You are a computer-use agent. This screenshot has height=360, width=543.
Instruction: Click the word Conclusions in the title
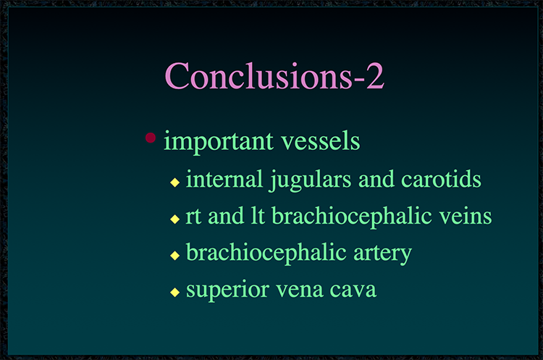(x=258, y=75)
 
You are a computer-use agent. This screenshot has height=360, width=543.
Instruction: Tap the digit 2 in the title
(x=375, y=76)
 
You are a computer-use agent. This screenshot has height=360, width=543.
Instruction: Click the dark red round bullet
(x=151, y=138)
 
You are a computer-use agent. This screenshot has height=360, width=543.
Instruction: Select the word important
(x=219, y=142)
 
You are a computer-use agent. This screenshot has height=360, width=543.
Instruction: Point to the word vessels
(x=321, y=141)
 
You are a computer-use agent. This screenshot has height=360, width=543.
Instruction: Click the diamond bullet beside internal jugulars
(x=175, y=183)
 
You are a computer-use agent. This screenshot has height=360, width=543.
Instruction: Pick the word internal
(x=224, y=179)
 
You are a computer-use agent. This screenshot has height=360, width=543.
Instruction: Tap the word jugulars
(x=311, y=180)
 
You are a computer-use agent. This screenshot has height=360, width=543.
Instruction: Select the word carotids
(x=441, y=179)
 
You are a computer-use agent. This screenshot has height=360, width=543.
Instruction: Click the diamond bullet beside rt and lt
(x=175, y=219)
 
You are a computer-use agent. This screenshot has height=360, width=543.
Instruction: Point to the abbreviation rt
(x=193, y=217)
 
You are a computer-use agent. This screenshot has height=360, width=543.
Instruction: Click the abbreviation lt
(x=258, y=216)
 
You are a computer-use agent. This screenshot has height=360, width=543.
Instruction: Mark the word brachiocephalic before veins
(x=351, y=217)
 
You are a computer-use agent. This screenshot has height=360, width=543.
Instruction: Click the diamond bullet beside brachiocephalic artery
(x=175, y=256)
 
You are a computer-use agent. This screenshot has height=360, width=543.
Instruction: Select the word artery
(x=382, y=254)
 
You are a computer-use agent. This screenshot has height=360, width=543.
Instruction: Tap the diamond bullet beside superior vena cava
(x=175, y=292)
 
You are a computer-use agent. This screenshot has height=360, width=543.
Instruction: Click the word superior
(x=227, y=290)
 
